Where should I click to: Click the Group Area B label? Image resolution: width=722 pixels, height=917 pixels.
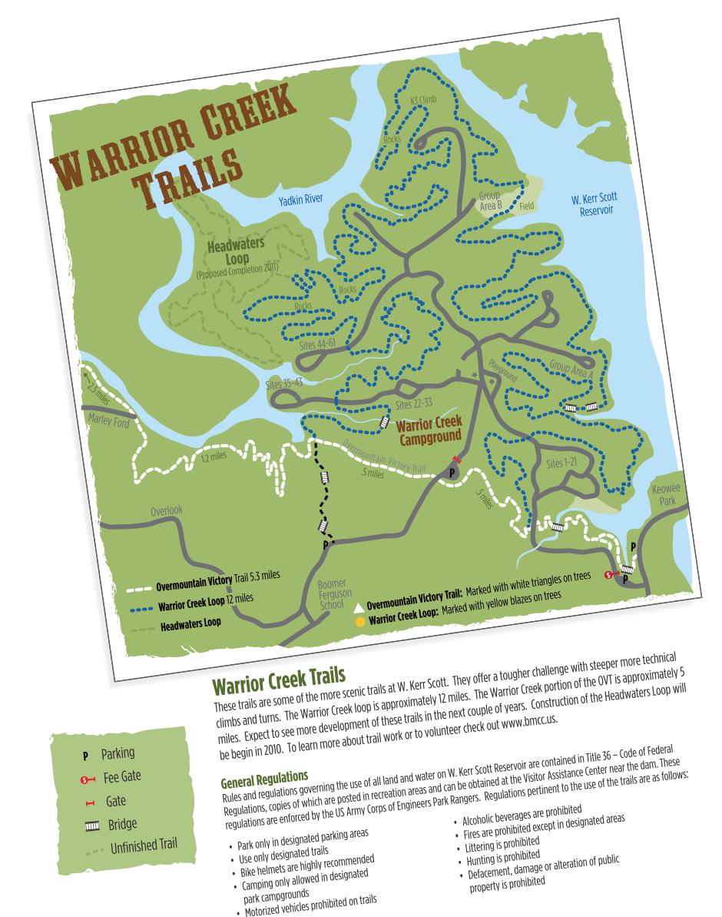pos(489,201)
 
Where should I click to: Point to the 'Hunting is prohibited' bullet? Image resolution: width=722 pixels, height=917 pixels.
pos(499,853)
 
